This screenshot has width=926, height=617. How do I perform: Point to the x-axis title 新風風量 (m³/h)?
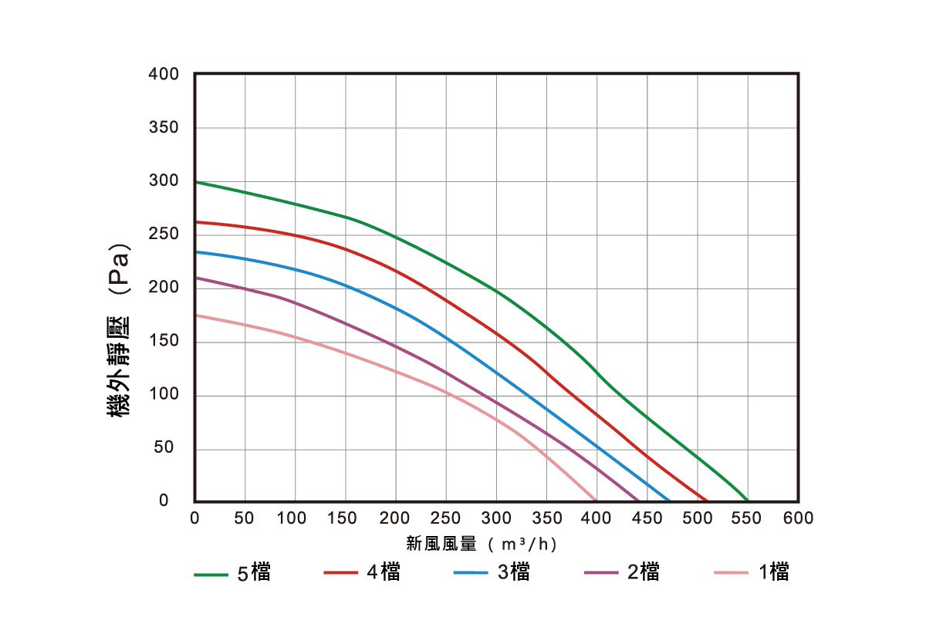pyautogui.click(x=482, y=545)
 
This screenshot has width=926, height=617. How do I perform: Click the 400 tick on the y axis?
pyautogui.click(x=164, y=74)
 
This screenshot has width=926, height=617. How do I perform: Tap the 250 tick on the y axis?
pyautogui.click(x=164, y=234)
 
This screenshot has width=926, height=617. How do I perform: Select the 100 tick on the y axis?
pyautogui.click(x=164, y=395)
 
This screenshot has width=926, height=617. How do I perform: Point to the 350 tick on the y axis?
pyautogui.click(x=164, y=127)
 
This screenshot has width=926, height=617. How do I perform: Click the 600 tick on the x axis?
pyautogui.click(x=798, y=518)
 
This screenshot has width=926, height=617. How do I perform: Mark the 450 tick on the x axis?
pyautogui.click(x=647, y=518)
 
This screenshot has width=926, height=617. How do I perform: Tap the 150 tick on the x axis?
pyautogui.click(x=345, y=518)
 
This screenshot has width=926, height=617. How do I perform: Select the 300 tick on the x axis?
pyautogui.click(x=496, y=518)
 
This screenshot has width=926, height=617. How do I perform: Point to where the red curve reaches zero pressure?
pyautogui.click(x=706, y=501)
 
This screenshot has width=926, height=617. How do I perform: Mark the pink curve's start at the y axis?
pyautogui.click(x=195, y=315)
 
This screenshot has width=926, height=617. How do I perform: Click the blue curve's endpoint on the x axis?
pyautogui.click(x=668, y=501)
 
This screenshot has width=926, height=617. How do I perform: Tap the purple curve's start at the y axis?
pyautogui.click(x=195, y=277)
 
